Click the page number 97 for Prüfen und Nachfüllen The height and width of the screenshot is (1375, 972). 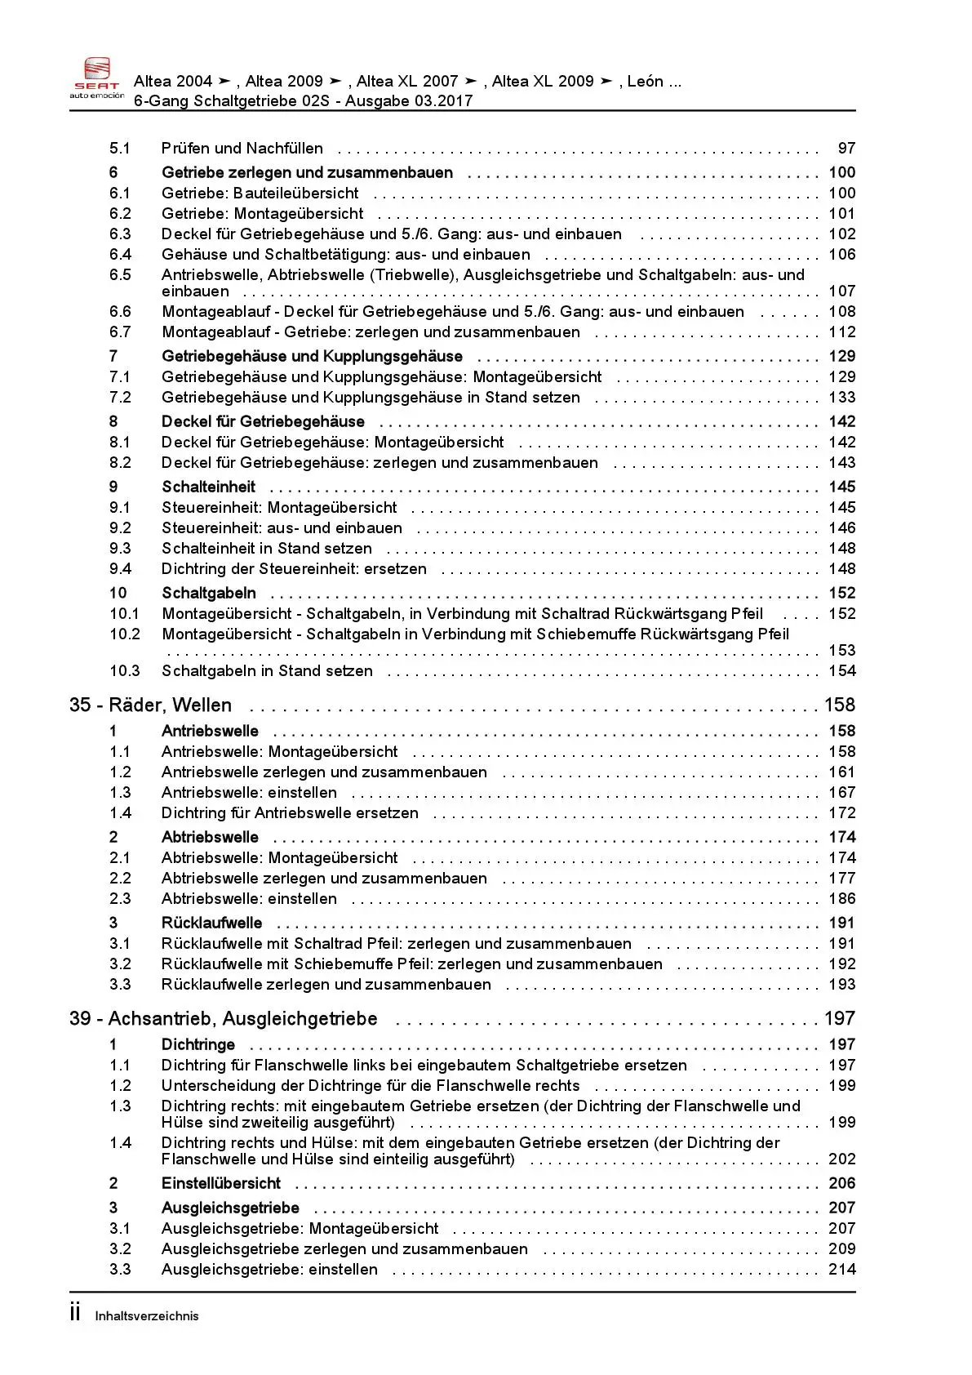846,149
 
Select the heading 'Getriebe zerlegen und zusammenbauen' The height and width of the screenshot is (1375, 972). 307,173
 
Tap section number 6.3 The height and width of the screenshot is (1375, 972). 120,234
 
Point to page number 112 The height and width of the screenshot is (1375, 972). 841,332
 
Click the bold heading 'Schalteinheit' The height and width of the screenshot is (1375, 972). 208,487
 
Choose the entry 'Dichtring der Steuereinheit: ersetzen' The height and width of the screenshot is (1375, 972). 294,569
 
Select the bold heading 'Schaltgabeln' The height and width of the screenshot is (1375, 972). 208,594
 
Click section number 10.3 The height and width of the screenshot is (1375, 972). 124,671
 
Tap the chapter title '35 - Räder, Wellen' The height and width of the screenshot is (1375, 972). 151,705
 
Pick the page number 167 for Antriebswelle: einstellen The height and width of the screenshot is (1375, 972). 841,793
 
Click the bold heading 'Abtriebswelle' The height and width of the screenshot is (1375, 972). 210,838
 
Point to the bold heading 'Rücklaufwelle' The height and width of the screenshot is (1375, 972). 211,923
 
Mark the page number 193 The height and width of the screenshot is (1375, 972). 841,985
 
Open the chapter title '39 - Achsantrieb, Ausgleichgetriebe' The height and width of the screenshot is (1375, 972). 223,1019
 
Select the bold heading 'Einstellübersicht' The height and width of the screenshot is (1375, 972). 220,1184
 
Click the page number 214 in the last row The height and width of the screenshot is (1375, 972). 841,1270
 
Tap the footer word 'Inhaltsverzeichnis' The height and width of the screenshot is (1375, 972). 147,1316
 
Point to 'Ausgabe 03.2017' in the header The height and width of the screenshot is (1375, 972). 409,101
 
